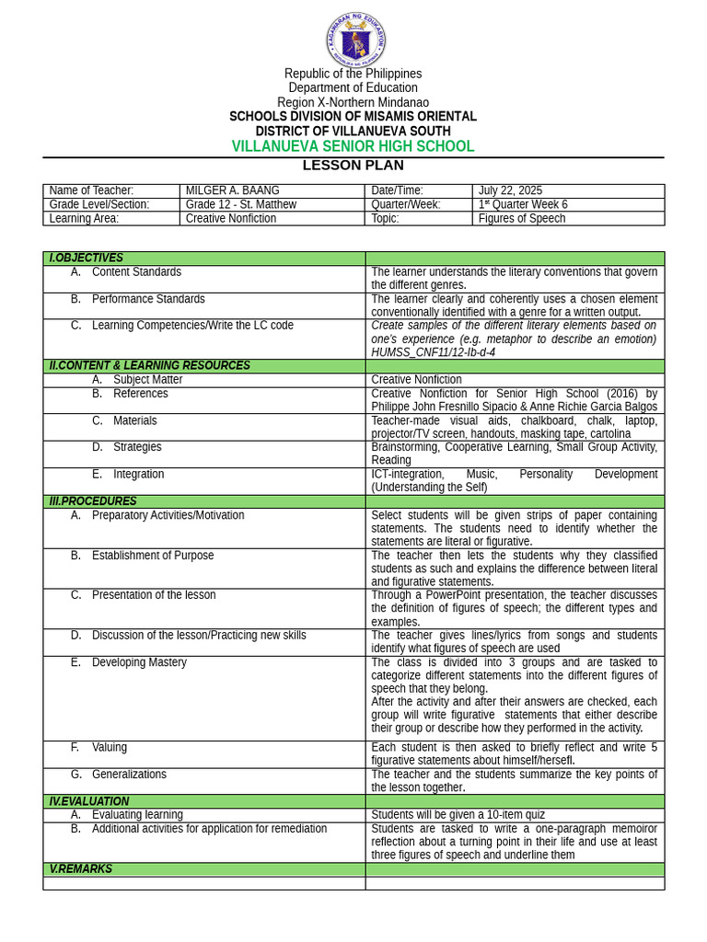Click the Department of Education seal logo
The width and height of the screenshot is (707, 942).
(355, 40)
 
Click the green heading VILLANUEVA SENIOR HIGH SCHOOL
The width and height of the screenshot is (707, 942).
(353, 146)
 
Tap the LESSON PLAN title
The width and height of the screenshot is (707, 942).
(353, 166)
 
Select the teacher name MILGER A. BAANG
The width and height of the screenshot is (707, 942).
(232, 190)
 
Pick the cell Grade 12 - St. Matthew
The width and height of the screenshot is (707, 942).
(240, 204)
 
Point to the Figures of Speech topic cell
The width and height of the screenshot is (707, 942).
(521, 218)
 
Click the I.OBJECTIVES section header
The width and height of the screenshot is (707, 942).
(86, 258)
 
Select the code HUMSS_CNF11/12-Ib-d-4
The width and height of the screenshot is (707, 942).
(433, 352)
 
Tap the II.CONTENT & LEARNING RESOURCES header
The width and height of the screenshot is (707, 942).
(149, 365)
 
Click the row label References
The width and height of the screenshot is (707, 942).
(140, 394)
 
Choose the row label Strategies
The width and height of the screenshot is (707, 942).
(137, 447)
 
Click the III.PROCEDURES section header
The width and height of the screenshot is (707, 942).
(92, 501)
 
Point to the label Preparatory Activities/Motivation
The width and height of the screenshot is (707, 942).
(168, 515)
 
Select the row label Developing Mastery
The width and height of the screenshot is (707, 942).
(139, 662)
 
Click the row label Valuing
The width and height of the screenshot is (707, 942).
(110, 748)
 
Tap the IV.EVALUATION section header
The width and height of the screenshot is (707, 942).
(88, 801)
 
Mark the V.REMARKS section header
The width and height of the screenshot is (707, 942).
(80, 869)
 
